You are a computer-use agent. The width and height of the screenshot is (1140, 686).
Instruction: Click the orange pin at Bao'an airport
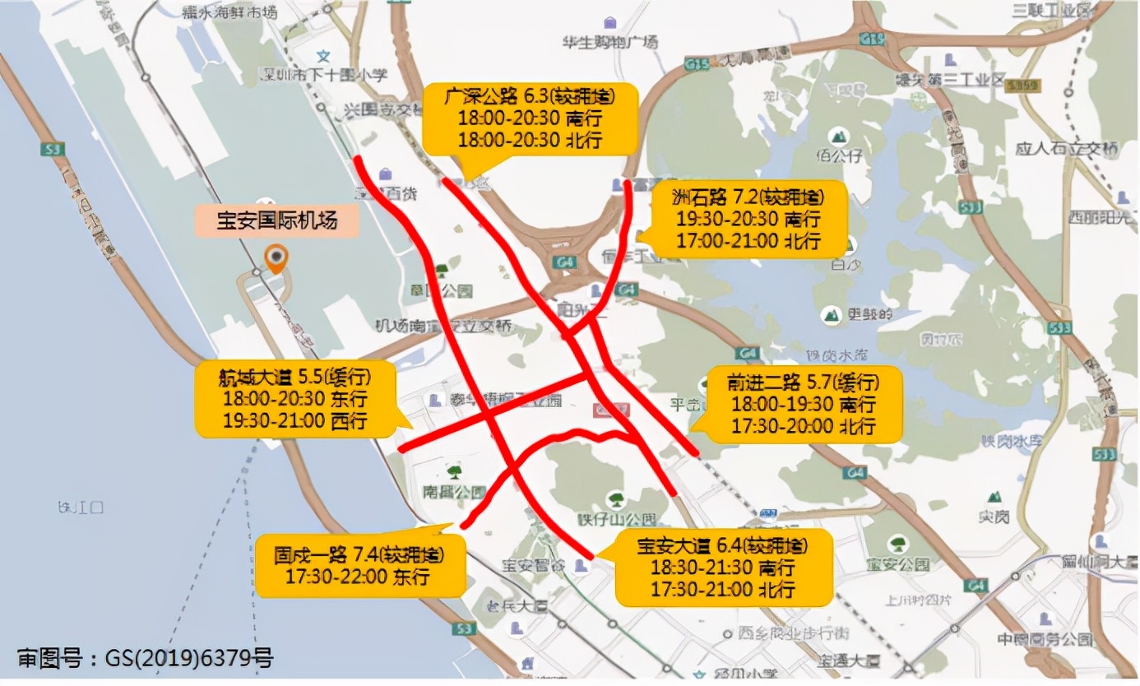pos(276,258)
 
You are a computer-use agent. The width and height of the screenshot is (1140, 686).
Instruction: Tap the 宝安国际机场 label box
pos(276,220)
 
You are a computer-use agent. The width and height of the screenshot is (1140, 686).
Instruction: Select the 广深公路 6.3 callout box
pos(530,118)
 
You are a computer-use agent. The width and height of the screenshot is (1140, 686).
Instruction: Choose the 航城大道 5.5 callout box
pos(294,401)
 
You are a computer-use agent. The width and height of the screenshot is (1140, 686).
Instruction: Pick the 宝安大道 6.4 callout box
pos(722,568)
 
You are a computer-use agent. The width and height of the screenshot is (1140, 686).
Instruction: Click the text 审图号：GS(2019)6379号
pos(145,658)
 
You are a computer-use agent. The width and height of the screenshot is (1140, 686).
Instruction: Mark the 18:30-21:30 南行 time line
pos(722,568)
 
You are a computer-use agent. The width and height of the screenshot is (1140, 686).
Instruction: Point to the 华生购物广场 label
pos(609,41)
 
